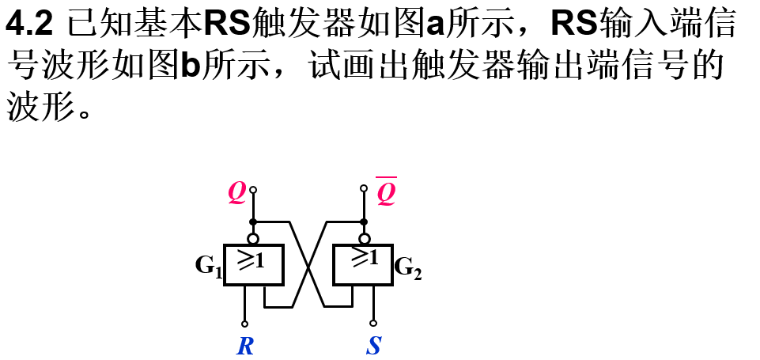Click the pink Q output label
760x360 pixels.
(x=237, y=191)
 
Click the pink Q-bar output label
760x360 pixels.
(x=386, y=192)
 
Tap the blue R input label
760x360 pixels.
(x=245, y=346)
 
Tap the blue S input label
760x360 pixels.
(x=373, y=346)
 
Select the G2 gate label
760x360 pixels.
(x=408, y=267)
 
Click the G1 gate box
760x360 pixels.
(x=254, y=264)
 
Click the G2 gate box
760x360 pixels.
(x=363, y=264)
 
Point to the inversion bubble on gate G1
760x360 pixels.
(x=253, y=238)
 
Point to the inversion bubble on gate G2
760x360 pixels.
(x=364, y=238)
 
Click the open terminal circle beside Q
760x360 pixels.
(x=253, y=190)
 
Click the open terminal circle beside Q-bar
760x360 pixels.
(x=364, y=188)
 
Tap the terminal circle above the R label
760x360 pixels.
(x=244, y=324)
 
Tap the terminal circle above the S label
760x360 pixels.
(x=373, y=323)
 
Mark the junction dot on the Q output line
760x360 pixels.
(x=253, y=222)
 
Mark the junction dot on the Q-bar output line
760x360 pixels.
(x=364, y=222)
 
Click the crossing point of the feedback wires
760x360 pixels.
(x=308, y=264)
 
